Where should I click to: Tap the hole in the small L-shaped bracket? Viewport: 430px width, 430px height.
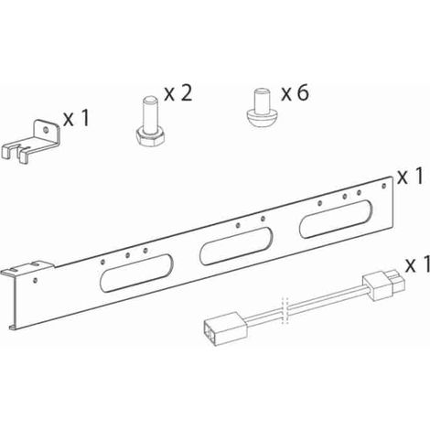(46, 130)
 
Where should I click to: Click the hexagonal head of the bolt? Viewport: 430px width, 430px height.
(150, 140)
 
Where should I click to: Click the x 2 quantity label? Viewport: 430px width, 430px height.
(178, 93)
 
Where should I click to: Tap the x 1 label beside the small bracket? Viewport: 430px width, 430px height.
(76, 118)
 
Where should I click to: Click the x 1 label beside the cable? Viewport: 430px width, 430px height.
(417, 264)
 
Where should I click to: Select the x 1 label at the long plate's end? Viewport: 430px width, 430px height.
(410, 177)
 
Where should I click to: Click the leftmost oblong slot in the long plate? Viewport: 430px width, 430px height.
(136, 274)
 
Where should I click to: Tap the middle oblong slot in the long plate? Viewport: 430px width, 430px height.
(236, 246)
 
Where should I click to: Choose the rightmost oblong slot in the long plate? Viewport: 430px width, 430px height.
(336, 219)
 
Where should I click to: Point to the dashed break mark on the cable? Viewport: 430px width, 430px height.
(285, 309)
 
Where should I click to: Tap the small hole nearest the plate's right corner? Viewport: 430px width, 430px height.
(384, 186)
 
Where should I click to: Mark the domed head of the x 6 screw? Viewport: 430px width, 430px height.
(262, 120)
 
